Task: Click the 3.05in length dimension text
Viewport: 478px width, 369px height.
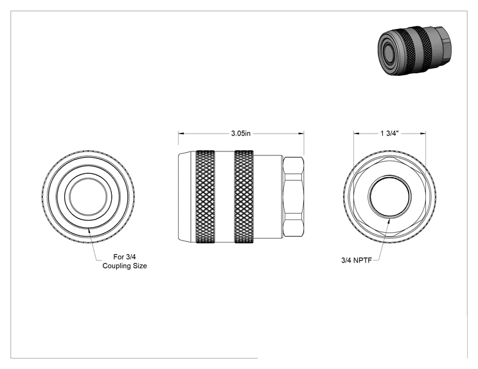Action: (240, 133)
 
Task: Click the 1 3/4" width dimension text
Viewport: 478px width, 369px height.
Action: (389, 133)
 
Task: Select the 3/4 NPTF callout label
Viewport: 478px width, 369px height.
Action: (357, 261)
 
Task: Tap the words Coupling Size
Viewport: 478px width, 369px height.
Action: (125, 266)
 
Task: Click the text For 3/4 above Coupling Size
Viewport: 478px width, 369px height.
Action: (125, 257)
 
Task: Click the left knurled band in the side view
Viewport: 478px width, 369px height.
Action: (205, 196)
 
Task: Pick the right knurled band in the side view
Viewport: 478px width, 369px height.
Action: (244, 196)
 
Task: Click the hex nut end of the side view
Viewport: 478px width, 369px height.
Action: (293, 196)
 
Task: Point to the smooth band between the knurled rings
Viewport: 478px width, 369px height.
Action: (225, 196)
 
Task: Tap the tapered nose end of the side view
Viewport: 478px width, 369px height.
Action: (186, 196)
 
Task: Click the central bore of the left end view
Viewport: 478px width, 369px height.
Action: (88, 196)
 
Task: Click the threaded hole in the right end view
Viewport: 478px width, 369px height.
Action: (389, 196)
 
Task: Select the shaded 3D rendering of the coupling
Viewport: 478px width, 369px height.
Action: (414, 50)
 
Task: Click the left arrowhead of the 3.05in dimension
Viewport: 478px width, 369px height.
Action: (181, 133)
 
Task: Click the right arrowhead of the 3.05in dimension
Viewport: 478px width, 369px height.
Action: (301, 133)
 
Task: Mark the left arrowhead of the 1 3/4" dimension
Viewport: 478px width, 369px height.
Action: (357, 133)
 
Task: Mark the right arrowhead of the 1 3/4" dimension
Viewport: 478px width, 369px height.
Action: (423, 133)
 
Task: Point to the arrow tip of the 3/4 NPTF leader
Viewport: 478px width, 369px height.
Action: (389, 219)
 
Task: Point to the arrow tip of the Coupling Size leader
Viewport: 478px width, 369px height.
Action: (89, 228)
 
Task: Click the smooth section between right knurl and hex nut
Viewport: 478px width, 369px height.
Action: (269, 196)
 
